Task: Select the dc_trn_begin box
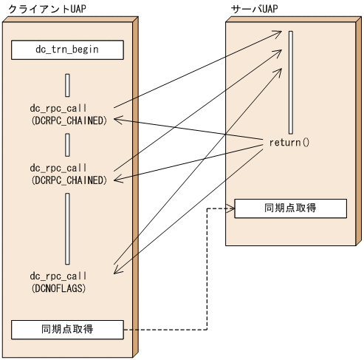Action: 67,50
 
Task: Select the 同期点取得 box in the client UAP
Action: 67,328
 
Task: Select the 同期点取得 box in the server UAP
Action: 290,208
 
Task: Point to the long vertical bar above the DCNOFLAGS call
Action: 67,228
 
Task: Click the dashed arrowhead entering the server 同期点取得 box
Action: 231,208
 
